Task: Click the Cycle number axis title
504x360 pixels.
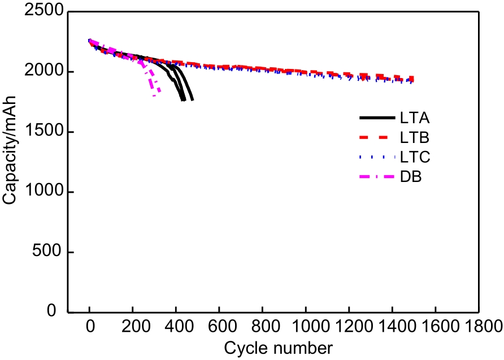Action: tap(279, 348)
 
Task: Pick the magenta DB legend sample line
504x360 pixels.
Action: tap(376, 177)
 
